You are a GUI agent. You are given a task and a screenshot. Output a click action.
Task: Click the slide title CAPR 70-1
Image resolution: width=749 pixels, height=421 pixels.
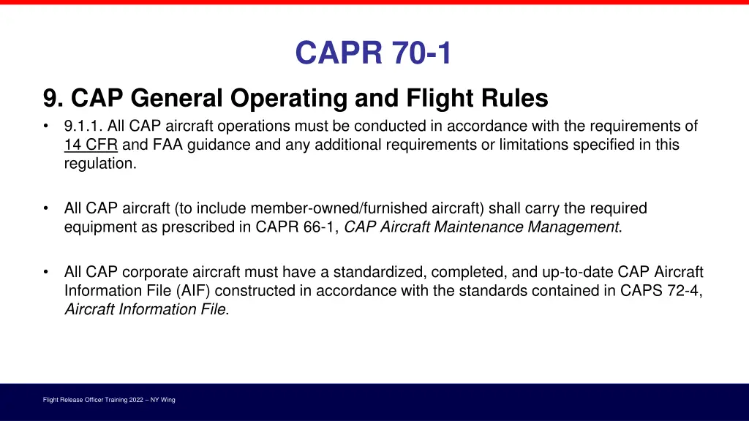(x=374, y=53)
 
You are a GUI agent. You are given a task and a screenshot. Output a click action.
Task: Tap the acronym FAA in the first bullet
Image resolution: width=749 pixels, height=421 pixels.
(x=168, y=145)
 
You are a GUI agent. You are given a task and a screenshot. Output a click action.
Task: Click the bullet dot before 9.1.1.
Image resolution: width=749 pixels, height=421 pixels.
(x=47, y=126)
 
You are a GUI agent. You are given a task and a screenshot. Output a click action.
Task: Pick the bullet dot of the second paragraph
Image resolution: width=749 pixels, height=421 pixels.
(x=47, y=209)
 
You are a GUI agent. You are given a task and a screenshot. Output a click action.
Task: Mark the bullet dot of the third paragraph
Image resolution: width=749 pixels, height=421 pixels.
(x=47, y=273)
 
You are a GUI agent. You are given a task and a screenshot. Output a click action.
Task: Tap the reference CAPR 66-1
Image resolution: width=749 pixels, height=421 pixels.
(x=296, y=227)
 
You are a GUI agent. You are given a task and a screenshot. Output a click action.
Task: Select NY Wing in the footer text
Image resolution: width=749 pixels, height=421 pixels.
(x=164, y=400)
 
